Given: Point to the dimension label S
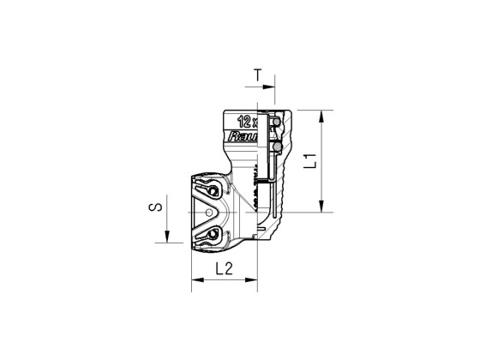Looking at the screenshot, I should click(153, 209).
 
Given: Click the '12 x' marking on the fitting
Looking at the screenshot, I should click(249, 121).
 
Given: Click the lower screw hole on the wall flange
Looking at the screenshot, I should click(210, 232).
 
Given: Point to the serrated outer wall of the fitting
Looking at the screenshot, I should click(282, 180).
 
